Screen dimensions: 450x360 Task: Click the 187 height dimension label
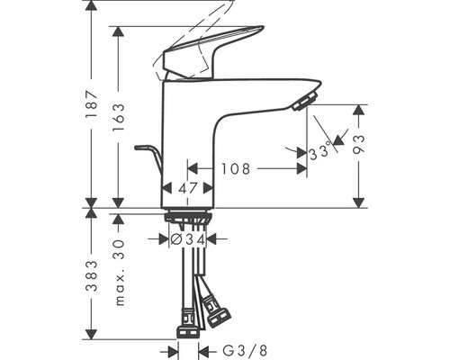coord(91,104)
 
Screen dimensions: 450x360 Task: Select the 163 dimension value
coord(119,117)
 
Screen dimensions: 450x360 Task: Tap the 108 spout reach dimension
coord(236,169)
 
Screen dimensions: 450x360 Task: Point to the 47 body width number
coord(187,188)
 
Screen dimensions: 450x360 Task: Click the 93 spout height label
coord(358,144)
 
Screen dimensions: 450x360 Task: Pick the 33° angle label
coord(320,152)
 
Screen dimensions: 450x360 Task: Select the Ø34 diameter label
coord(188,239)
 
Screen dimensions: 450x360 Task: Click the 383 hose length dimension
coord(92,276)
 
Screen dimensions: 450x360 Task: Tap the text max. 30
coord(120,272)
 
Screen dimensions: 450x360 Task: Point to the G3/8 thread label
coord(245,350)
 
